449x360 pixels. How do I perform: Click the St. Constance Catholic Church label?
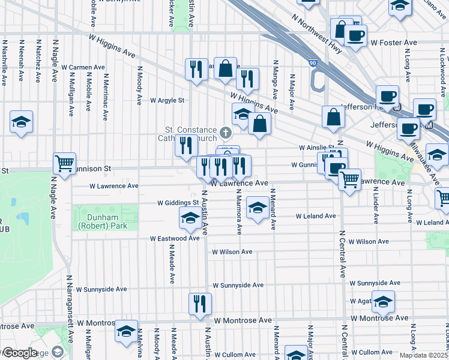tap(191, 134)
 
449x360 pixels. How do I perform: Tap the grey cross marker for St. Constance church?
tap(226, 132)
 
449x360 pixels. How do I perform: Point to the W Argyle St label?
tap(167, 100)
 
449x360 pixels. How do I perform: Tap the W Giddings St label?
tap(178, 203)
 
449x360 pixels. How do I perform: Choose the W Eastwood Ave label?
tap(174, 238)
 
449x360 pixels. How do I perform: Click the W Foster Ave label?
tap(393, 43)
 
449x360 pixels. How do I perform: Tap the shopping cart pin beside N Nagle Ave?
tap(64, 163)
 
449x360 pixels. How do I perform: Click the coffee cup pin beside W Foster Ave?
tap(355, 35)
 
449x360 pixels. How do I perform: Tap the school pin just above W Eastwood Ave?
tap(190, 218)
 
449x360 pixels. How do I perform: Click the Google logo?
tap(19, 353)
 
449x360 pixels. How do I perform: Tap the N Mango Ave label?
tap(275, 75)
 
